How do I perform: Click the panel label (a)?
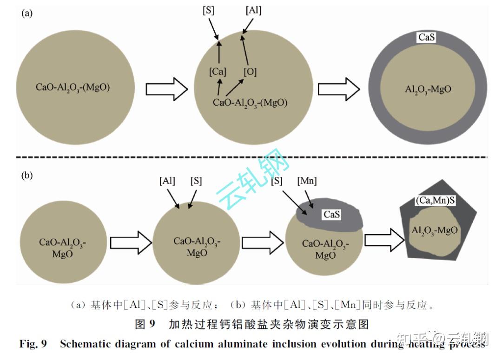[27, 13]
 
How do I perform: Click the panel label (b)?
[27, 176]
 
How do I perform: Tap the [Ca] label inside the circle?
[218, 72]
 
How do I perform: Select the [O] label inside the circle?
[250, 72]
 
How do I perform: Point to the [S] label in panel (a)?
[209, 10]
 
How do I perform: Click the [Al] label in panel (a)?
[253, 10]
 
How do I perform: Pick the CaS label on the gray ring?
[426, 37]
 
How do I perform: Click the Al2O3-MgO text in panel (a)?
[428, 89]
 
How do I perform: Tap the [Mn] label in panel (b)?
[307, 181]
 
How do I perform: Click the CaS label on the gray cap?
[332, 215]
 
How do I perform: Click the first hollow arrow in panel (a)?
[166, 89]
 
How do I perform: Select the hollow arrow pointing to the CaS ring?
[338, 89]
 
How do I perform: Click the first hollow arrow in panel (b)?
[131, 242]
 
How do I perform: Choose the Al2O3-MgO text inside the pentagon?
[434, 230]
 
